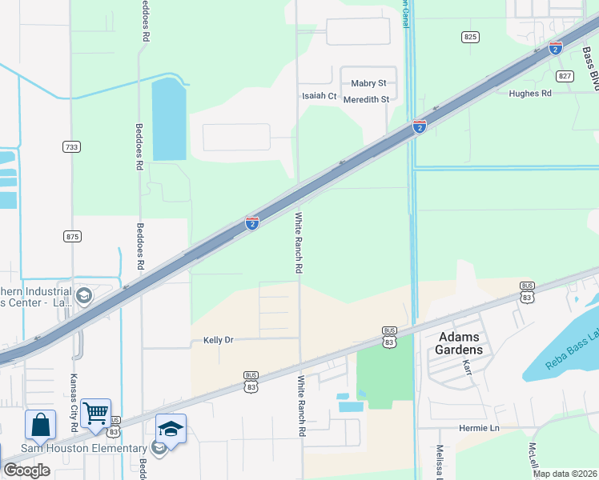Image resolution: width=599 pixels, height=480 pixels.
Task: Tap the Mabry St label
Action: click(x=368, y=83)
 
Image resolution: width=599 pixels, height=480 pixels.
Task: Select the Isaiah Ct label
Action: click(x=320, y=96)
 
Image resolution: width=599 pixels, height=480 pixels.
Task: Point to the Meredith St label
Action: click(x=366, y=100)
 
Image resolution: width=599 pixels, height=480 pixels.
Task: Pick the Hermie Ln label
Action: click(x=479, y=428)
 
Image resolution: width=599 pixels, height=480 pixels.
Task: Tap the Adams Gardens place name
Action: click(x=460, y=343)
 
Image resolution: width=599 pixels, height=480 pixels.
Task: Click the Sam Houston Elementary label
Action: click(x=84, y=448)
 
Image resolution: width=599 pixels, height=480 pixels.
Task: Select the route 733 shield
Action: click(x=72, y=146)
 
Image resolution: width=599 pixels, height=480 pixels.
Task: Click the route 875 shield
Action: click(x=72, y=236)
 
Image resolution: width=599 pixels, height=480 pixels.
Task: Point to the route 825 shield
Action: click(x=470, y=37)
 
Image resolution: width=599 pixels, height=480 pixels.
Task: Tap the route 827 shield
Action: click(x=565, y=76)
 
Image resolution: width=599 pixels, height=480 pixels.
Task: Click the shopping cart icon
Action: click(x=95, y=414)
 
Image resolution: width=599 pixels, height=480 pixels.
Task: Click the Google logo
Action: click(x=26, y=470)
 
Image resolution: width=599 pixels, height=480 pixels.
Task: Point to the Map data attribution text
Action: click(x=565, y=474)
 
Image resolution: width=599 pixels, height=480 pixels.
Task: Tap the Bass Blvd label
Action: click(x=589, y=69)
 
